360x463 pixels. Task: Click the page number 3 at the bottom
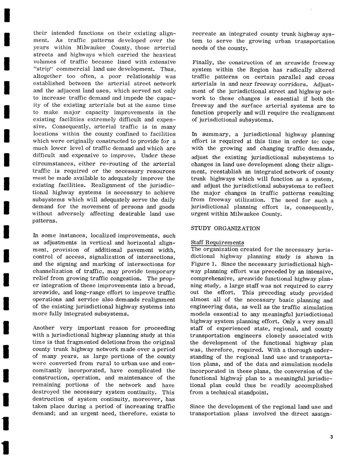coord(331,436)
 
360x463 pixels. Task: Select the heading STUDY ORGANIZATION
coord(225,228)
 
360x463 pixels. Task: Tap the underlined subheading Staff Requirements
coord(217,243)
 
